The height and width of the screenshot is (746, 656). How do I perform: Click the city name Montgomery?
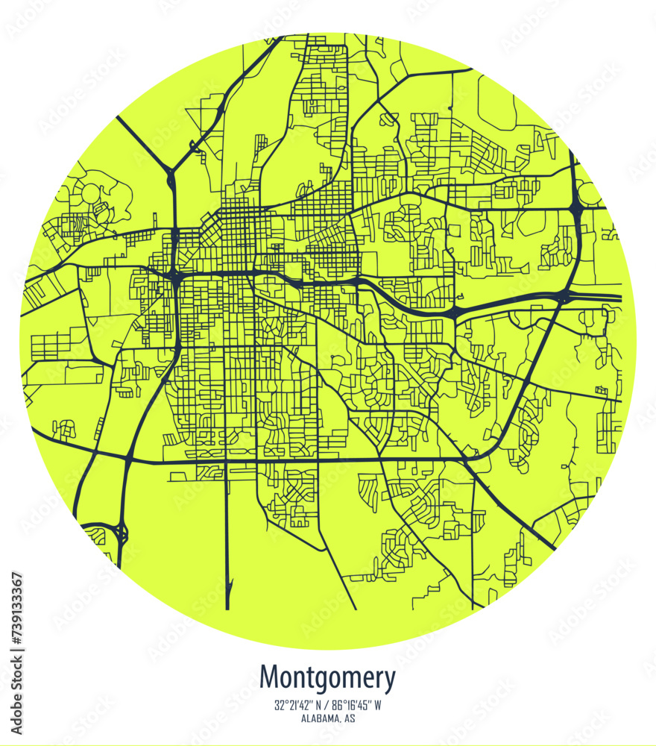[x=327, y=678]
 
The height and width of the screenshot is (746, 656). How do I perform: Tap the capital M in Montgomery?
[x=269, y=678]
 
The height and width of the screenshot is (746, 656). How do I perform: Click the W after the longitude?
[x=378, y=706]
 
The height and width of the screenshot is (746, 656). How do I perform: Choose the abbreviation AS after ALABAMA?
[x=349, y=719]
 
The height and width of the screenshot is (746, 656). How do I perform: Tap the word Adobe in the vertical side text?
[x=18, y=708]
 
